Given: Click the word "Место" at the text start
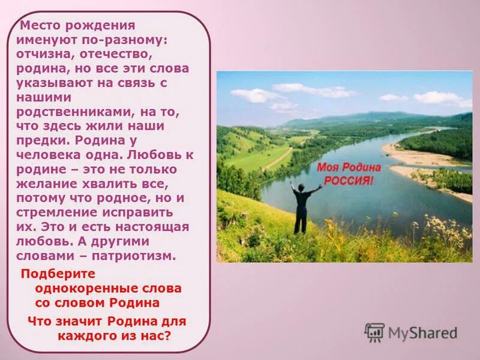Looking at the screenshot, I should pyautogui.click(x=38, y=26).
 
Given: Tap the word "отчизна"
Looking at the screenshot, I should pyautogui.click(x=43, y=54).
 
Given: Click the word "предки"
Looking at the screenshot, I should pyautogui.click(x=43, y=140).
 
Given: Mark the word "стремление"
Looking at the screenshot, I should pyautogui.click(x=55, y=212).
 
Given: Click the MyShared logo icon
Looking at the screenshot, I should pyautogui.click(x=374, y=332).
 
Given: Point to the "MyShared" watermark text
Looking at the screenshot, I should pyautogui.click(x=422, y=332).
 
